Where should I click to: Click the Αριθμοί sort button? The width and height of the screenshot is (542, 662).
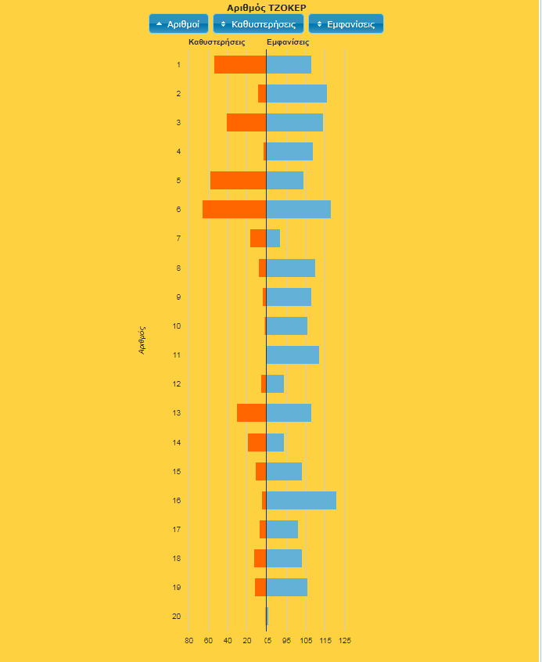click(x=178, y=24)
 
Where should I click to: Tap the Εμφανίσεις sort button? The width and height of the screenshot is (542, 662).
click(x=346, y=24)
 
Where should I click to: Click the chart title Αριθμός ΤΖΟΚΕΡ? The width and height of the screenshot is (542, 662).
click(x=267, y=8)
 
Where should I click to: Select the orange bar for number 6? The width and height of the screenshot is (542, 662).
click(x=235, y=210)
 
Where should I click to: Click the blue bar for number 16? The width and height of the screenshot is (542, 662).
click(x=301, y=501)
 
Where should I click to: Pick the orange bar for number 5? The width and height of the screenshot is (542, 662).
click(x=239, y=181)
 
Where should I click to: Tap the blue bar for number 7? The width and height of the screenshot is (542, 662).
click(x=273, y=239)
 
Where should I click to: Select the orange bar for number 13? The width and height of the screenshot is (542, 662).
click(x=252, y=413)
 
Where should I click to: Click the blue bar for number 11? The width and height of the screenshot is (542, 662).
click(x=293, y=355)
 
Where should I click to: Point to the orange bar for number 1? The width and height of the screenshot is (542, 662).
click(x=240, y=65)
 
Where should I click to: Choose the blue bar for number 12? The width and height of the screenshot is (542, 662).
click(x=275, y=384)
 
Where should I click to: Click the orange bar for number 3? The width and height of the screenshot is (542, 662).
click(x=246, y=123)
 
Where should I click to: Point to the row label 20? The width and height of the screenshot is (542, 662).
click(x=178, y=617)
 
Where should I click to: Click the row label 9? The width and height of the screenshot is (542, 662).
click(x=179, y=297)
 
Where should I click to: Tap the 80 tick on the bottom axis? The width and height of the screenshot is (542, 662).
click(x=189, y=641)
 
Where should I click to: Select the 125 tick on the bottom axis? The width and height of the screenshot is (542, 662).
click(x=345, y=641)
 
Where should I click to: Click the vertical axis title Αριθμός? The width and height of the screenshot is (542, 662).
click(x=142, y=340)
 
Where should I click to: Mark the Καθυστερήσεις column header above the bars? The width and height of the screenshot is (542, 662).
click(x=217, y=42)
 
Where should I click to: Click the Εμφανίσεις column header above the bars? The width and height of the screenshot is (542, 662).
click(x=288, y=42)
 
